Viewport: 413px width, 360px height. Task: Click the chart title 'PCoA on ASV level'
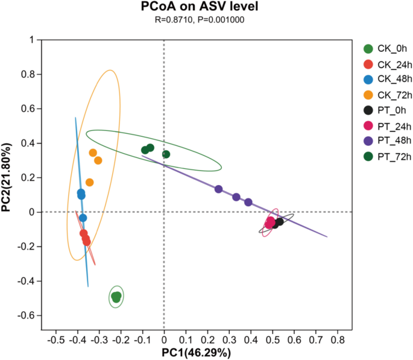click(206, 7)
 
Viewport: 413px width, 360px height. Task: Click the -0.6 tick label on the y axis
click(24, 316)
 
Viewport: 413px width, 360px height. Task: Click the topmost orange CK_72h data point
click(93, 153)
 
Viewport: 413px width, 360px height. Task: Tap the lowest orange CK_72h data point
click(89, 182)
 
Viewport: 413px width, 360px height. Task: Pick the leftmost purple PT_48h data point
click(218, 189)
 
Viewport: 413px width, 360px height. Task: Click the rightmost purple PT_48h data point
click(248, 202)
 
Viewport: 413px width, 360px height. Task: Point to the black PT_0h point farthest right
click(279, 222)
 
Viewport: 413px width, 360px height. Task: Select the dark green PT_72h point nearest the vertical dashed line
click(166, 154)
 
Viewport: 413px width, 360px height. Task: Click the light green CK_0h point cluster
click(116, 296)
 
